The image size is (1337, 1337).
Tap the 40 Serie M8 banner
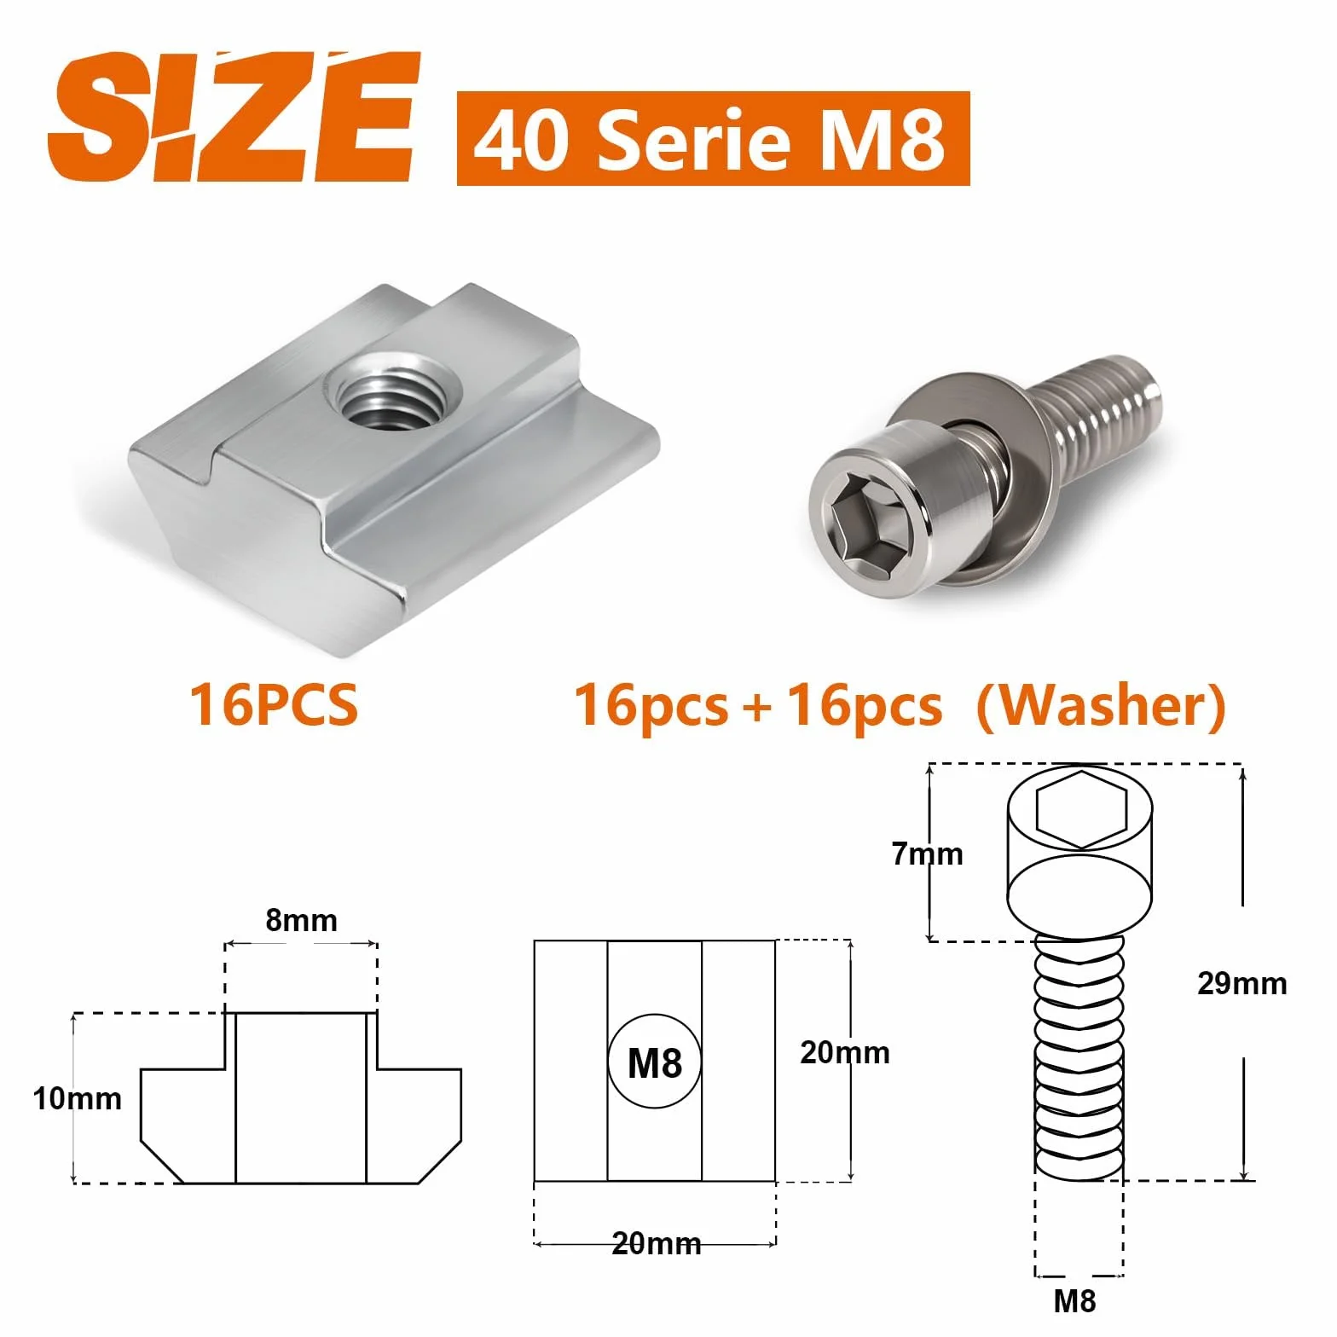pos(713,138)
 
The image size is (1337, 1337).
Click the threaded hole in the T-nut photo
pos(399,394)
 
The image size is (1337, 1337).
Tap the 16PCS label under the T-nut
pos(274,705)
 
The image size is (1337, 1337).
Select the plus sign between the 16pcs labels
pos(756,708)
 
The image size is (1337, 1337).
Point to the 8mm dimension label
pos(302,921)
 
